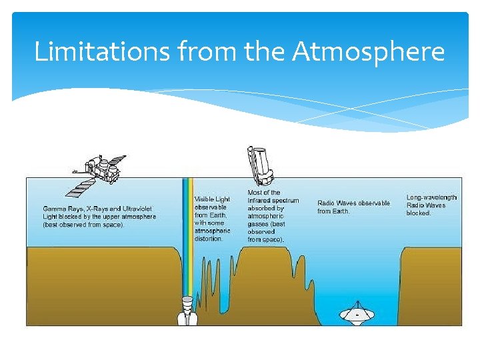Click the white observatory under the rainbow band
point(187,310)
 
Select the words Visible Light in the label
point(212,199)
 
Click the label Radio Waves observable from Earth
point(353,207)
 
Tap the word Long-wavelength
point(432,197)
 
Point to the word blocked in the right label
point(419,213)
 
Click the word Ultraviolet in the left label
point(137,209)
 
